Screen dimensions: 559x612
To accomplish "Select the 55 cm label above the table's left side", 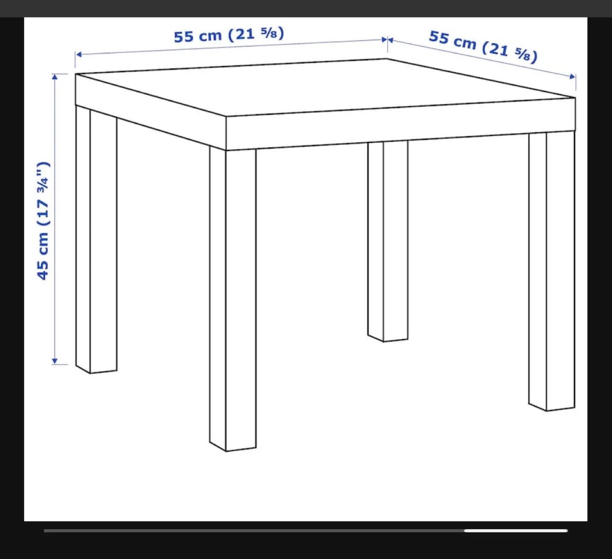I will (229, 34).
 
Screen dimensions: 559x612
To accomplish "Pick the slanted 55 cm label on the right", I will (483, 46).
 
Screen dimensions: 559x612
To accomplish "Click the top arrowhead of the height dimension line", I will (54, 77).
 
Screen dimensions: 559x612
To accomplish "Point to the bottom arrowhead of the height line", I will (54, 361).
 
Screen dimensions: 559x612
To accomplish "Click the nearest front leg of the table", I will (233, 298).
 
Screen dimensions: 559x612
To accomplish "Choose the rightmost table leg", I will (552, 272).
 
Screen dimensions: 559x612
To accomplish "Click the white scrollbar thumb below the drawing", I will (516, 531).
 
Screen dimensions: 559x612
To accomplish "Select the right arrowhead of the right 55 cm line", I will (573, 77).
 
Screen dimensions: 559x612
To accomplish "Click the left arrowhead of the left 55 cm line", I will (78, 54).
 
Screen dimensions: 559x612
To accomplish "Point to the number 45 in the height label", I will (43, 270).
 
